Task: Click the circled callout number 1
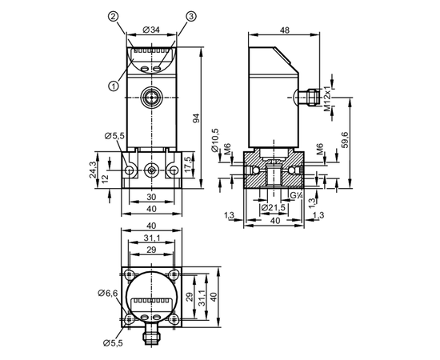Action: tap(114, 86)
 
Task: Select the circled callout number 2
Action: tap(113, 17)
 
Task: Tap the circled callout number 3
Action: tap(191, 17)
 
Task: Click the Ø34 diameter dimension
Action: tap(151, 30)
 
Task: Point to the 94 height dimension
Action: tap(197, 118)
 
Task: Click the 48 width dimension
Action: tap(284, 30)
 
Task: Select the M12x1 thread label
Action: tap(327, 98)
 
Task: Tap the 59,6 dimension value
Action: tap(345, 140)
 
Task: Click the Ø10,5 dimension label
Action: tap(215, 140)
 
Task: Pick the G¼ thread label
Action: tap(296, 195)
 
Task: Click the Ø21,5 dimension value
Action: tap(273, 208)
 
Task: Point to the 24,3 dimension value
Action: tap(93, 170)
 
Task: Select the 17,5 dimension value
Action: tap(188, 164)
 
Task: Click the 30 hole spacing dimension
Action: tap(151, 197)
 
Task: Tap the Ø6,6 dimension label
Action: tap(108, 294)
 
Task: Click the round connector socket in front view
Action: tap(151, 98)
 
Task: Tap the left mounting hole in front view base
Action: tap(130, 170)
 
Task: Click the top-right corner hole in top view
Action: tap(174, 273)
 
